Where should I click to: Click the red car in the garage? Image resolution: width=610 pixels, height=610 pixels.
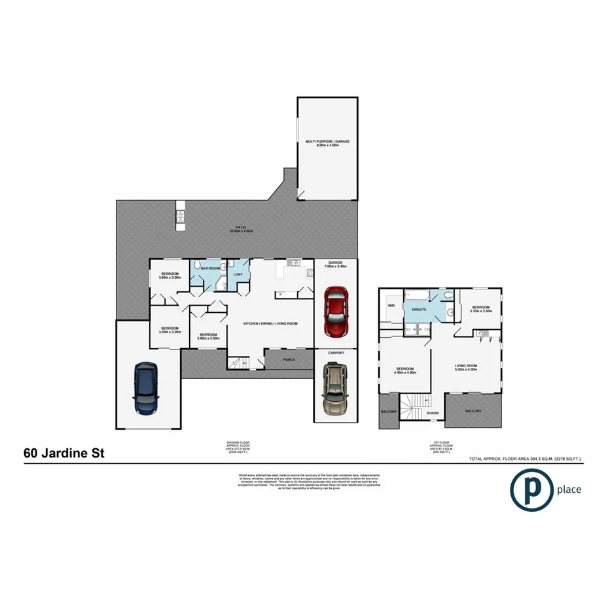click(336, 312)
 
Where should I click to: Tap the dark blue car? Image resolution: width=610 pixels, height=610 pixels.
click(145, 390)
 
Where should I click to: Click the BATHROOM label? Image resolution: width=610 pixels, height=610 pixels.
click(210, 268)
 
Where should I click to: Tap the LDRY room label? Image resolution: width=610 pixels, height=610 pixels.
click(238, 274)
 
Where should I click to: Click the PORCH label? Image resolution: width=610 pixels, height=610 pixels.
click(289, 359)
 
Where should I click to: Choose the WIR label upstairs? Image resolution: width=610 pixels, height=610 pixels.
click(391, 305)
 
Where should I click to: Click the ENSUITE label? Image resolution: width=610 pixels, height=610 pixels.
click(419, 310)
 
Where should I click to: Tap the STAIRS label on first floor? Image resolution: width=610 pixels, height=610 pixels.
click(433, 413)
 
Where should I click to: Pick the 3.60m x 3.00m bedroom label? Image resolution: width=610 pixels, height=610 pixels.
click(170, 276)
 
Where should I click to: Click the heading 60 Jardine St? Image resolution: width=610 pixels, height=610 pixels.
click(63, 452)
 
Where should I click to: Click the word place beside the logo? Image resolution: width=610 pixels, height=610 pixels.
click(568, 489)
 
